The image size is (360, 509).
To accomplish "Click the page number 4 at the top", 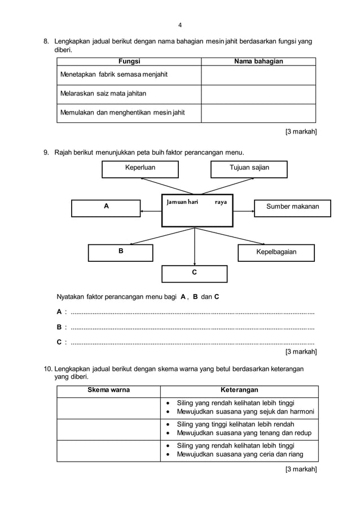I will coord(180,25).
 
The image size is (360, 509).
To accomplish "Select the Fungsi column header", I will coord(129,62).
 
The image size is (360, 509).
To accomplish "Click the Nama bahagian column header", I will coord(258,62).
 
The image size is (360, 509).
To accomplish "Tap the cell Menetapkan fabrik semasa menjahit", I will coord(129,75).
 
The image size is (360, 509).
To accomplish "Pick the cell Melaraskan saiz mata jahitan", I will coord(129,94).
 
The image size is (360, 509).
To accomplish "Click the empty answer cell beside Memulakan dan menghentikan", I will coord(258,113).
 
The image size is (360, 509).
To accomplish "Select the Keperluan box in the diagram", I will coord(140,169).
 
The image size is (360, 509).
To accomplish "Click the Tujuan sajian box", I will coord(249,169).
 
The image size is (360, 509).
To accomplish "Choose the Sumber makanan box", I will coord(292,208).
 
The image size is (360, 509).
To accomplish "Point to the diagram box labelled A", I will coord(106,208).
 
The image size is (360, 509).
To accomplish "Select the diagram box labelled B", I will coord(120,252).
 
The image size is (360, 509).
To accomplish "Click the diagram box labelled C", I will coord(195,273).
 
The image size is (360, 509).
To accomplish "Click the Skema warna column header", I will coord(108,390).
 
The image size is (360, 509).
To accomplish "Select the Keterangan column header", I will coord(239,390).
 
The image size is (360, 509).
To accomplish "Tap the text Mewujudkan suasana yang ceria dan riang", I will coord(240,454).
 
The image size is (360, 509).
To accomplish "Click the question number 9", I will coord(47,152).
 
